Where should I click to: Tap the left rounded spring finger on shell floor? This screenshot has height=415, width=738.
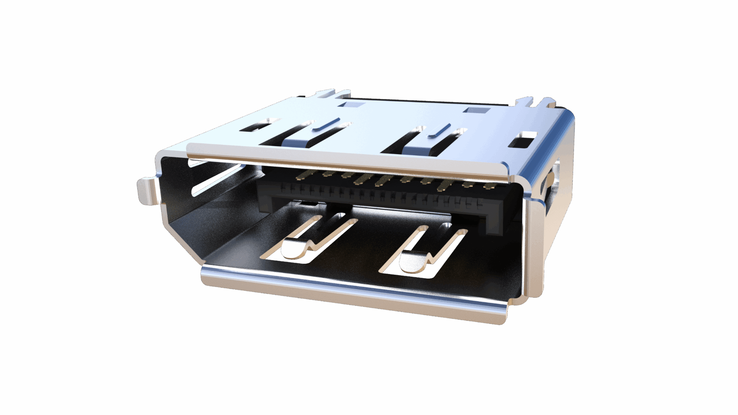click(x=294, y=249)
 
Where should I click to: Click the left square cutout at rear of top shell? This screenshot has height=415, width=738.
click(x=352, y=104)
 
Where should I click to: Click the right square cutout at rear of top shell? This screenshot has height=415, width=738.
click(x=477, y=110)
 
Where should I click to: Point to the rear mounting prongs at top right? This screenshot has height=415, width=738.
click(x=534, y=102)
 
